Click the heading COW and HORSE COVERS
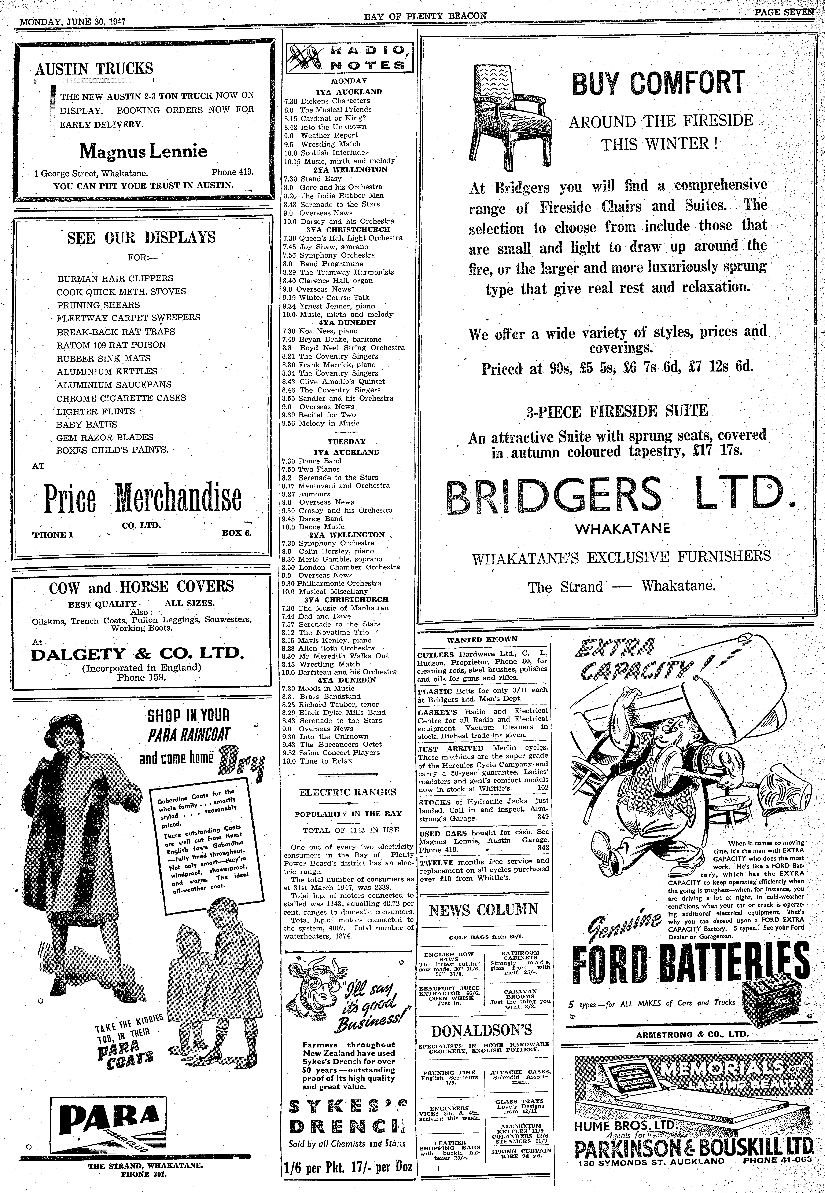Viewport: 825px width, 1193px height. tap(141, 587)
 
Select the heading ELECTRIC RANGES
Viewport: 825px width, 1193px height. tap(348, 792)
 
